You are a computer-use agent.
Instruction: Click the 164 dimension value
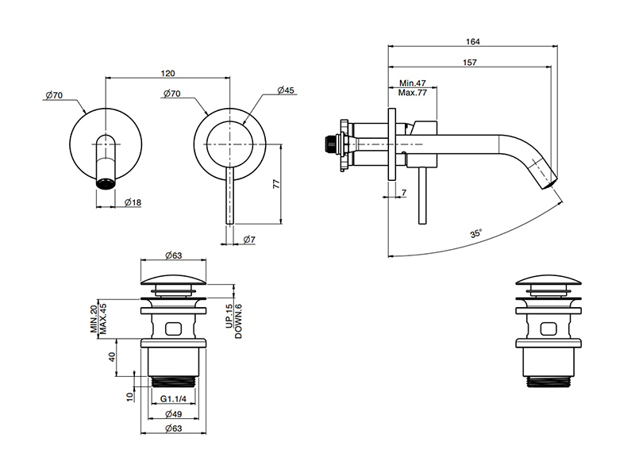472,41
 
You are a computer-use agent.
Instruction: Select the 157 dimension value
470,63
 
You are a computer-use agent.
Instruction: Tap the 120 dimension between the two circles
167,73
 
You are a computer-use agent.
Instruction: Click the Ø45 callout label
286,90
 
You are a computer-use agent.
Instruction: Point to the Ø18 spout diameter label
133,202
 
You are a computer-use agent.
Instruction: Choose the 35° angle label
476,233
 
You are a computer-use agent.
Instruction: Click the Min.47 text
413,83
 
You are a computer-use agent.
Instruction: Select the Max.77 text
413,93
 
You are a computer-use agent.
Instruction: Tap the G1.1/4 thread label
173,399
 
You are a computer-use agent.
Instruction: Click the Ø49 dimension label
174,414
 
